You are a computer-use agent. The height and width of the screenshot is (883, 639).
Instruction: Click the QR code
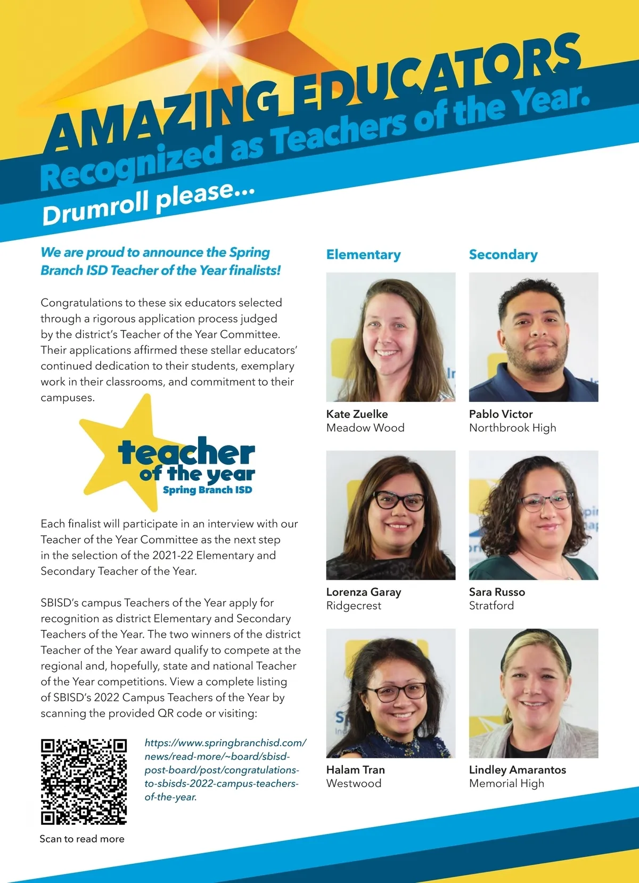pyautogui.click(x=84, y=781)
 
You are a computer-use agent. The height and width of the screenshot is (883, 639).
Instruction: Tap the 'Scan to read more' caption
pyautogui.click(x=82, y=839)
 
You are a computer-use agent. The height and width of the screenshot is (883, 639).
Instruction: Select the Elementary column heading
pyautogui.click(x=363, y=255)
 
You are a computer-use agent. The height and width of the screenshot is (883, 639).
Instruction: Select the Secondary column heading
pyautogui.click(x=503, y=255)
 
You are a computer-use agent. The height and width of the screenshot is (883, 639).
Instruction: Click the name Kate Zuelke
pyautogui.click(x=357, y=414)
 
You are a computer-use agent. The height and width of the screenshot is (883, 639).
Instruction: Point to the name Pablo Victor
pyautogui.click(x=501, y=414)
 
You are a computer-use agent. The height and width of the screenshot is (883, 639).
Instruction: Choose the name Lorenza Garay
pyautogui.click(x=364, y=592)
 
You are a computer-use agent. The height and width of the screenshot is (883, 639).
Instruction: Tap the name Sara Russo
pyautogui.click(x=497, y=592)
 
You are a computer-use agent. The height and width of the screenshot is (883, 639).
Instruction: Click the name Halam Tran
pyautogui.click(x=355, y=769)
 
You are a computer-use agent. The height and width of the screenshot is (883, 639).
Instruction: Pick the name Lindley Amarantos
pyautogui.click(x=517, y=769)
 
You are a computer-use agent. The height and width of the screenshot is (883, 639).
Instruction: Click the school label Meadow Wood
pyautogui.click(x=365, y=428)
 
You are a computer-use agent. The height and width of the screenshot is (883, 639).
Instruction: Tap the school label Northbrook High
pyautogui.click(x=512, y=428)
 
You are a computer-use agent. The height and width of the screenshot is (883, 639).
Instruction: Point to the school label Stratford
pyautogui.click(x=491, y=606)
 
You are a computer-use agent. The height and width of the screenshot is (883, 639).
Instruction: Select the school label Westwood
pyautogui.click(x=354, y=783)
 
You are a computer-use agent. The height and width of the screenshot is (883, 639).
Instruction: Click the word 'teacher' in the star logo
pyautogui.click(x=186, y=453)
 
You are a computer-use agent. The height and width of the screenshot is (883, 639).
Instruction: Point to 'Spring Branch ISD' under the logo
pyautogui.click(x=207, y=490)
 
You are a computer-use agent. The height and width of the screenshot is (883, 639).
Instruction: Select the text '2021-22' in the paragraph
pyautogui.click(x=173, y=555)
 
